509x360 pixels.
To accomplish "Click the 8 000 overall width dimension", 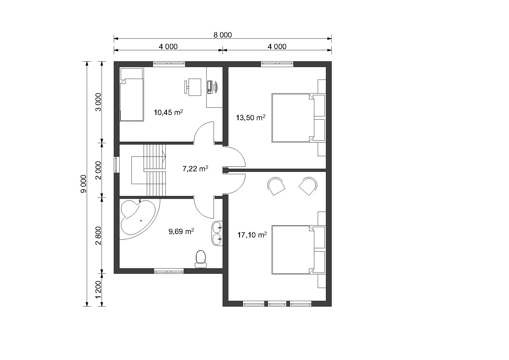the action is click(x=223, y=35).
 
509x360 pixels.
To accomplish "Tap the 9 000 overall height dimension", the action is click(x=84, y=184).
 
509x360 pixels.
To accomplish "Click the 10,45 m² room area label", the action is click(x=168, y=112).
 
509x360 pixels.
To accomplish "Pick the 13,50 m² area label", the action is click(x=251, y=118).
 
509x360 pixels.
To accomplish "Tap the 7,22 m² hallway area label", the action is click(x=195, y=169).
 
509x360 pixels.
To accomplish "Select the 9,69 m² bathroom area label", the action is click(x=181, y=231).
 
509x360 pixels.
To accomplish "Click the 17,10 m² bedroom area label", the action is click(x=252, y=235).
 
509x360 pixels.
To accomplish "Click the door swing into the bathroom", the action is click(x=204, y=208).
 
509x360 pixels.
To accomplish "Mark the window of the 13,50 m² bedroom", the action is click(x=277, y=64).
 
